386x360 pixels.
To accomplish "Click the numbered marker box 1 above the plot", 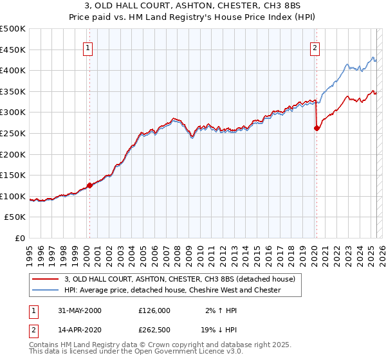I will point(87,46).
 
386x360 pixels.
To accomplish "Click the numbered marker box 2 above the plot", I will point(315,46).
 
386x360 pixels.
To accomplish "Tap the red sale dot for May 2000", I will point(89,185).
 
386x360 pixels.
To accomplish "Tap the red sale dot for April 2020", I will point(317,128).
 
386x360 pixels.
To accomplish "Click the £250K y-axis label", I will point(13,133).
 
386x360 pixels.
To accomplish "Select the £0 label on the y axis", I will point(20,238).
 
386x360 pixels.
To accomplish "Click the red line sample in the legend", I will point(46,279).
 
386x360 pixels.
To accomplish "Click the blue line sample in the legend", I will point(46,290).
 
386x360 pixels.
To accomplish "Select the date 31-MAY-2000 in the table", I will point(80,310).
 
